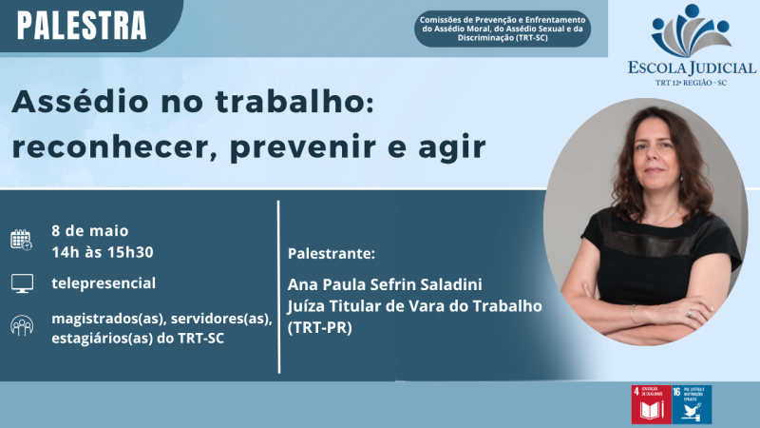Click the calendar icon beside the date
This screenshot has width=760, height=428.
[x=21, y=240]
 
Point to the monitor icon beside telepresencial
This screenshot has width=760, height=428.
[x=21, y=282]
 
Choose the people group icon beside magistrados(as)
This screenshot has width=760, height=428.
[x=21, y=325]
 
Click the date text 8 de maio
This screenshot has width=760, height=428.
[x=90, y=230]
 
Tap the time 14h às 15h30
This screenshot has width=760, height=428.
[x=103, y=251]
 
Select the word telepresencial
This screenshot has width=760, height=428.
[x=104, y=282]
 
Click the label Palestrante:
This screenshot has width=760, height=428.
[x=331, y=255]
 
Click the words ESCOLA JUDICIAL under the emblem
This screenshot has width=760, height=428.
[x=692, y=68]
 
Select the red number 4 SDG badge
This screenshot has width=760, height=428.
[x=650, y=405]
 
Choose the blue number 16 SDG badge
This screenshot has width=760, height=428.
[x=692, y=405]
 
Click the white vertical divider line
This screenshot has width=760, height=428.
[x=278, y=285]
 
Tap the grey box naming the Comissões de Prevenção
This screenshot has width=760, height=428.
[x=503, y=29]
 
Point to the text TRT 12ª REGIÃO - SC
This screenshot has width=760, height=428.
[x=692, y=84]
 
